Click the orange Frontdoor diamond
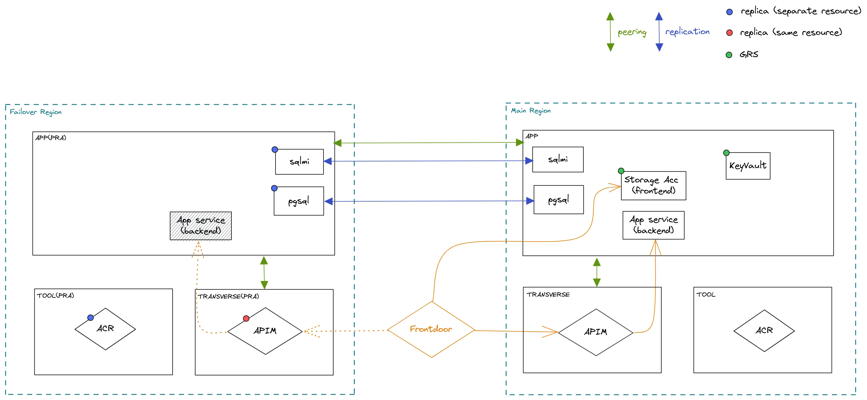(431, 329)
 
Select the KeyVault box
(748, 166)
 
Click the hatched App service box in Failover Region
(201, 226)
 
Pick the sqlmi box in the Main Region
(558, 159)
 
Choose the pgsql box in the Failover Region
(299, 201)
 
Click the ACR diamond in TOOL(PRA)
(105, 329)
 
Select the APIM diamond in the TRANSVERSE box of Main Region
(595, 332)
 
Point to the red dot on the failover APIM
(246, 318)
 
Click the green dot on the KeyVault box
(726, 153)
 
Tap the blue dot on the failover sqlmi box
(275, 149)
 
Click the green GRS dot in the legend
(729, 55)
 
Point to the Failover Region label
(36, 112)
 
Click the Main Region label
(531, 111)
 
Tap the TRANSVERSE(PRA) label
(228, 296)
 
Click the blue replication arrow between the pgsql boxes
(429, 201)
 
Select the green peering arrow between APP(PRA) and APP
(429, 143)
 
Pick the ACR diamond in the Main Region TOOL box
(764, 330)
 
